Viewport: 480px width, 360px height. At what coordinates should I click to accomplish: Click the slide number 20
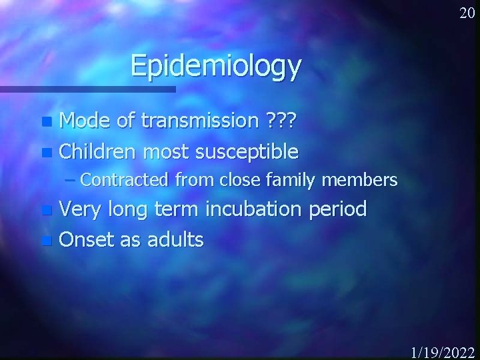466,13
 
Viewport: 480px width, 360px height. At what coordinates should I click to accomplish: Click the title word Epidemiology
216,66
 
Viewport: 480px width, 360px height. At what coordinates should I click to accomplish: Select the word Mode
85,121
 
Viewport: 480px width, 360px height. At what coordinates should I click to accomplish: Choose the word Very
81,209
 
